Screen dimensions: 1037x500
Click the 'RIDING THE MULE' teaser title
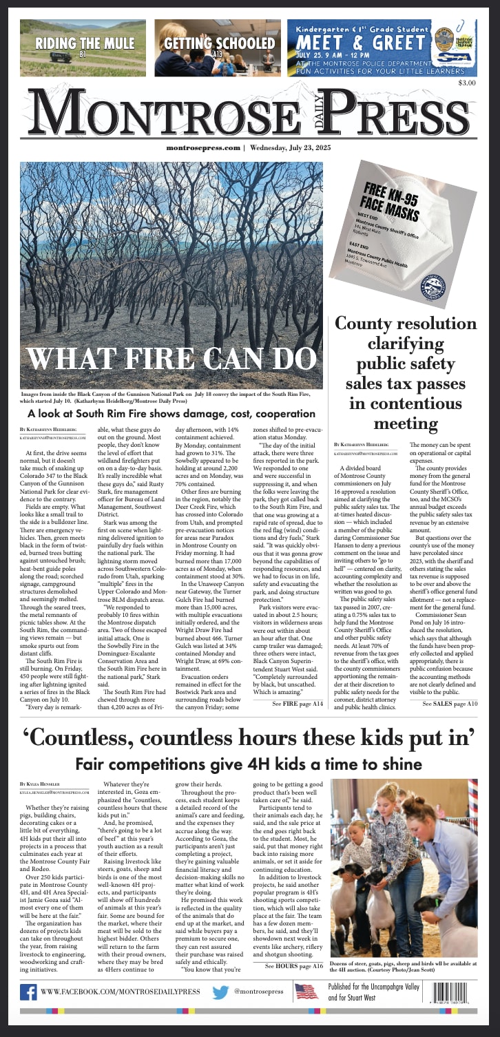76,43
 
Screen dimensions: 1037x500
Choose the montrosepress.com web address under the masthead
203,148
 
